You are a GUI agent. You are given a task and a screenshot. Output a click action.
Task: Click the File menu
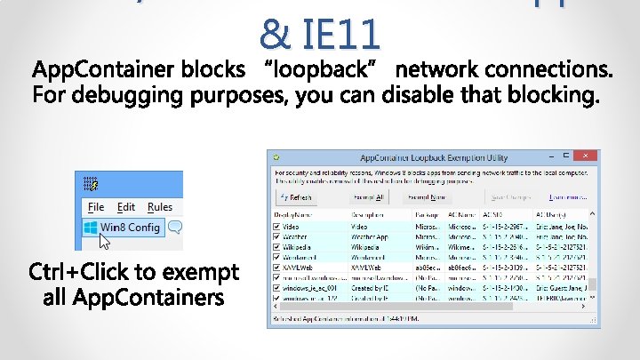pos(96,207)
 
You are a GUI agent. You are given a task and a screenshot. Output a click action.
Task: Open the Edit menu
pos(126,207)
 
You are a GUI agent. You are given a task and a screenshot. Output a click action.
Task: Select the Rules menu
pos(160,207)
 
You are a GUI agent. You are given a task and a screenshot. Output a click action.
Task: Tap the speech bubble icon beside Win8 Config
pos(175,228)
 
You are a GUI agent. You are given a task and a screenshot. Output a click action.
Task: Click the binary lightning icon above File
pos(91,184)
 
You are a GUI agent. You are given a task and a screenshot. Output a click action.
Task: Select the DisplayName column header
pos(293,214)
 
